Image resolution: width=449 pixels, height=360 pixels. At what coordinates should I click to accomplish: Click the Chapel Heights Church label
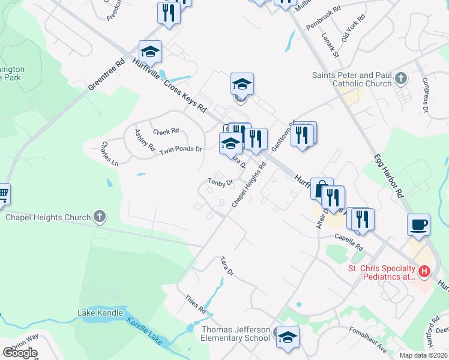48,217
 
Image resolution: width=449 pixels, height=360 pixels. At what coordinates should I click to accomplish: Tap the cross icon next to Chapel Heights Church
100,217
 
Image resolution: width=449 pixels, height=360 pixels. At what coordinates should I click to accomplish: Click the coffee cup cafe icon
418,224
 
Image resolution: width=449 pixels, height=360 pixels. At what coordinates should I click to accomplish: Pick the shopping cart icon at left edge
3,194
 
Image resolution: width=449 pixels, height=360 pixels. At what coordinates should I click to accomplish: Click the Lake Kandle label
100,313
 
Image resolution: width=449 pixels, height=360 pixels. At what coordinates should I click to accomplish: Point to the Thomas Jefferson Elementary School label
235,334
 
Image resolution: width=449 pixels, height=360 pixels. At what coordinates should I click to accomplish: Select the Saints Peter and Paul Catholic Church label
351,79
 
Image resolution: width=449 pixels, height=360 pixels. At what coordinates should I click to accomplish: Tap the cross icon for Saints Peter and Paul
401,79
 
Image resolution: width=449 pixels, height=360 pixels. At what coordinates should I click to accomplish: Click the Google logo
19,352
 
